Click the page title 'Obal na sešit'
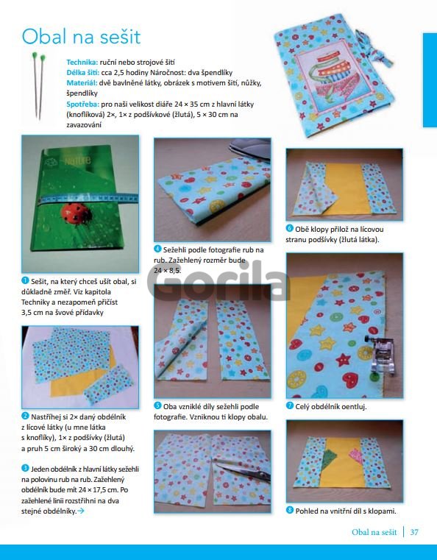pyautogui.click(x=82, y=37)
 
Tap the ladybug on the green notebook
pyautogui.click(x=76, y=213)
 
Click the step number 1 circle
pyautogui.click(x=25, y=280)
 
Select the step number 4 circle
pyautogui.click(x=157, y=249)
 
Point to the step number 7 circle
pyautogui.click(x=290, y=405)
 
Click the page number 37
pyautogui.click(x=414, y=532)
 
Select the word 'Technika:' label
pyautogui.click(x=82, y=62)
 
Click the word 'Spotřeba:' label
pyautogui.click(x=83, y=104)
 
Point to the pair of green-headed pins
pyautogui.click(x=38, y=85)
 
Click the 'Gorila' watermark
pyautogui.click(x=218, y=280)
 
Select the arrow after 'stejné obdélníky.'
pyautogui.click(x=81, y=511)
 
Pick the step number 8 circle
pyautogui.click(x=290, y=511)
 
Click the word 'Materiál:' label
pyautogui.click(x=82, y=83)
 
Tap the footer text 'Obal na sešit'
pyautogui.click(x=374, y=532)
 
